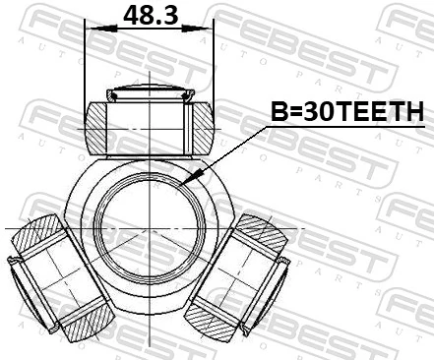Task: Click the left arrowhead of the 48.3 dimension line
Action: [x=92, y=29]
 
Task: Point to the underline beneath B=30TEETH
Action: [x=347, y=127]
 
